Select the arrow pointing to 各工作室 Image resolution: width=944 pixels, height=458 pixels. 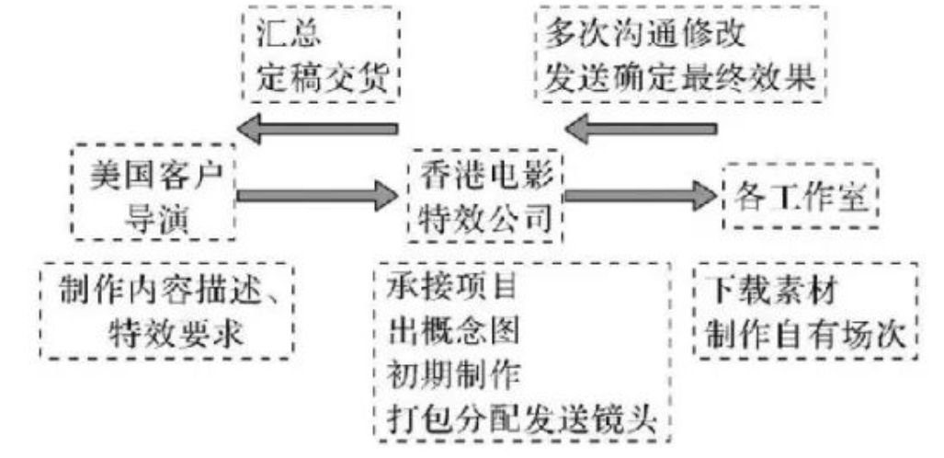[x=638, y=194]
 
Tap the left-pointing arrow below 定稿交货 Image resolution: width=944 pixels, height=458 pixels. [x=316, y=130]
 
